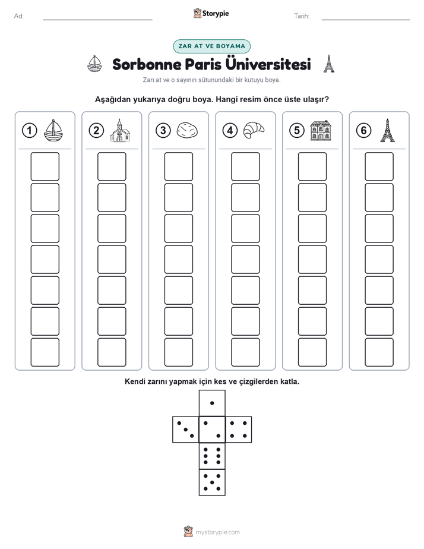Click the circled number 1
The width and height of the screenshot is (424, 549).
pyautogui.click(x=29, y=131)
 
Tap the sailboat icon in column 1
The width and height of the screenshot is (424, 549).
pyautogui.click(x=53, y=131)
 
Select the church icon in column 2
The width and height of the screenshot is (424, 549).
pyautogui.click(x=120, y=130)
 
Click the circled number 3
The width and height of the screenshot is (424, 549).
pyautogui.click(x=163, y=131)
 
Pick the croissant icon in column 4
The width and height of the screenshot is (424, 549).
pyautogui.click(x=254, y=130)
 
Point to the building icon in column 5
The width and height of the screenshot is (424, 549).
pyautogui.click(x=321, y=130)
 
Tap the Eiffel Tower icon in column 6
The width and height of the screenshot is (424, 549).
pyautogui.click(x=387, y=130)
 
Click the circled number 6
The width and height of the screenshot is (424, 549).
pyautogui.click(x=363, y=131)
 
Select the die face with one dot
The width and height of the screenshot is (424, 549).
pyautogui.click(x=212, y=403)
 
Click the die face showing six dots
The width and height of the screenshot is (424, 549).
pyautogui.click(x=212, y=456)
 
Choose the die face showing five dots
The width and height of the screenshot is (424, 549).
pyautogui.click(x=212, y=482)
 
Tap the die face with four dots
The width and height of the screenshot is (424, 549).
pyautogui.click(x=239, y=430)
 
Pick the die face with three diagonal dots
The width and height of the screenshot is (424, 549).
pyautogui.click(x=186, y=430)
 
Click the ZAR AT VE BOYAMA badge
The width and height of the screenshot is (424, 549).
pyautogui.click(x=211, y=46)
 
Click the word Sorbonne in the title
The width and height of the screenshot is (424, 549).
pyautogui.click(x=147, y=64)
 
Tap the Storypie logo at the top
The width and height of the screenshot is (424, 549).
pyautogui.click(x=211, y=14)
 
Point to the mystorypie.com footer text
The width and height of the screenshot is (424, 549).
pyautogui.click(x=217, y=532)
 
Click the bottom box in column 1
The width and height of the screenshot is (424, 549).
pyautogui.click(x=45, y=352)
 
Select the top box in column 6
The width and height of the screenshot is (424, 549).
pyautogui.click(x=379, y=166)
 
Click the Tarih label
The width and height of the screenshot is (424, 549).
pyautogui.click(x=302, y=16)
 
